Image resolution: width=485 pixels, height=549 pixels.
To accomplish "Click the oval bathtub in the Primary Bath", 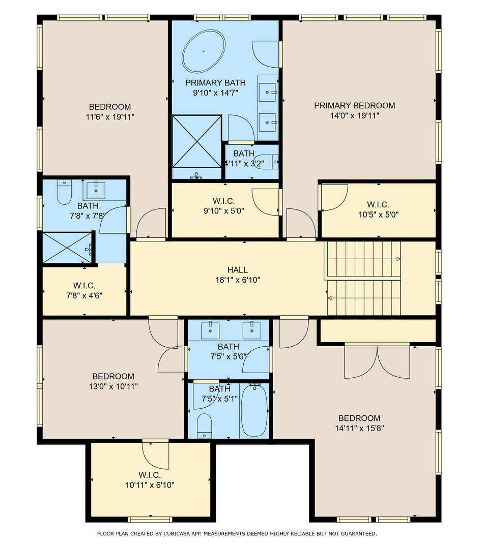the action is point(203,51).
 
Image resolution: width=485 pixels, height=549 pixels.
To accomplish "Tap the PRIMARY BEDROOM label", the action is point(354,105).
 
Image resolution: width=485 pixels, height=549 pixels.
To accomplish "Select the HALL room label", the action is point(238,269).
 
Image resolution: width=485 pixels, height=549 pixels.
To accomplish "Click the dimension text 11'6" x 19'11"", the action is point(110,117).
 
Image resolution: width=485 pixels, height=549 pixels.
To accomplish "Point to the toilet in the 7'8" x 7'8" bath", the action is point(64,192).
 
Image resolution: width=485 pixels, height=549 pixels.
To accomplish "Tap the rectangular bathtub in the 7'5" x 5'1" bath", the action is point(254,410).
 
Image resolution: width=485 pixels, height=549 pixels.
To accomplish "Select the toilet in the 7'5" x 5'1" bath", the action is point(204,425).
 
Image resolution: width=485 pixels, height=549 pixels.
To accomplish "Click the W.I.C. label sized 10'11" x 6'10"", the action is point(150,475).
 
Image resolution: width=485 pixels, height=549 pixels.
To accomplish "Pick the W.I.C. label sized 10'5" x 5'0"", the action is point(378,204).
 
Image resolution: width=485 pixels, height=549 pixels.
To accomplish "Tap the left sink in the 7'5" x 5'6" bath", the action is point(210,330).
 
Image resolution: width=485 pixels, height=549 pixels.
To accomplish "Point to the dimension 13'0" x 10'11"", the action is point(113,386).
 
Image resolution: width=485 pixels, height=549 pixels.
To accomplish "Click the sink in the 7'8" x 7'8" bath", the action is point(96,190).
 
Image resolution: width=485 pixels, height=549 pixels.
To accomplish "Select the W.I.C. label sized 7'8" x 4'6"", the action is point(84,286).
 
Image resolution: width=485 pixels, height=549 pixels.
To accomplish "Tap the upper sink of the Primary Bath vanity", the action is point(268,92).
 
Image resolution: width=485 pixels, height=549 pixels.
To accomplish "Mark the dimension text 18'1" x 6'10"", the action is point(238,280).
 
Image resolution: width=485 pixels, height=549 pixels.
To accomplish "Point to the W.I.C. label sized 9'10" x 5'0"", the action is point(223,201).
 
